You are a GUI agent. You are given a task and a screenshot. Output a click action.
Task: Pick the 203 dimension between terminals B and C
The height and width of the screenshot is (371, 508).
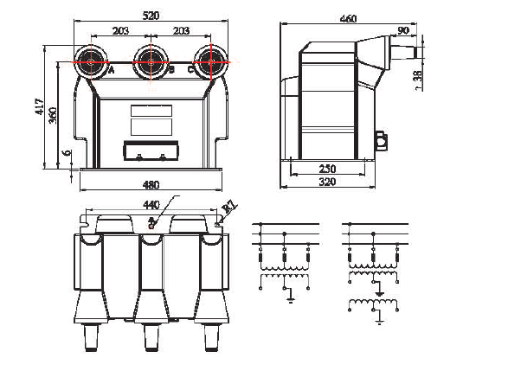tap(180, 31)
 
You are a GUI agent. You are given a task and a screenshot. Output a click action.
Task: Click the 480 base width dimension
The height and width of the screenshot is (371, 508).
tap(151, 184)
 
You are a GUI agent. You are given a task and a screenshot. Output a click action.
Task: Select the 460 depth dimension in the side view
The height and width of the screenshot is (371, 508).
tap(348, 18)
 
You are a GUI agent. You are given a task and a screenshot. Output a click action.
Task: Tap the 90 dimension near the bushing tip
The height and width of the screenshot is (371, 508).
tap(402, 32)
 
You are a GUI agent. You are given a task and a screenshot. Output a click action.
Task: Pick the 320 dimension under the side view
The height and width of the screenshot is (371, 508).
tap(327, 183)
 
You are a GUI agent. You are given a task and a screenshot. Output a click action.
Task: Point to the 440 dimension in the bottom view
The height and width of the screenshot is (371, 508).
tap(151, 206)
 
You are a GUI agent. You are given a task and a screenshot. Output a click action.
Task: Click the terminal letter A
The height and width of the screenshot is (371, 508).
tap(112, 70)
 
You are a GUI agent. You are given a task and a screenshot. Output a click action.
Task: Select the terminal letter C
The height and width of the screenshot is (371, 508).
tap(190, 70)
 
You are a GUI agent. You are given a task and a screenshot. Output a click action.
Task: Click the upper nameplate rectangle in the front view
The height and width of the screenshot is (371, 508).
tap(151, 112)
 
